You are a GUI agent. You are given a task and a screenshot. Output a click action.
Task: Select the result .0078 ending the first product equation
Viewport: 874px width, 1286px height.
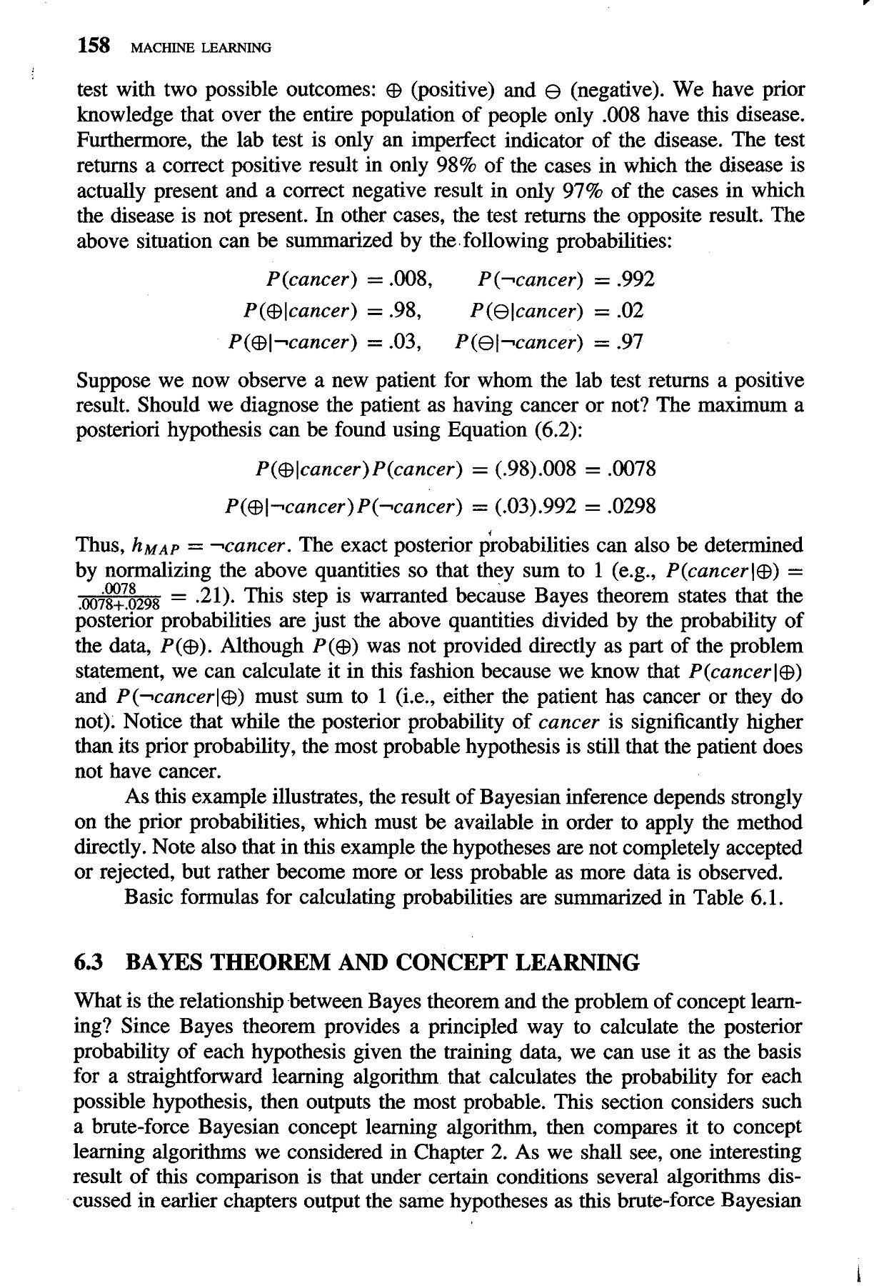coord(630,469)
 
